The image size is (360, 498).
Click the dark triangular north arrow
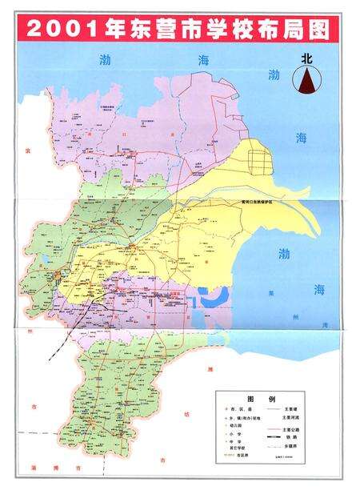point(306,80)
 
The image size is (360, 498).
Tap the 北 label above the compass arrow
point(306,58)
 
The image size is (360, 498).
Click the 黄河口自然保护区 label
point(256,203)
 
